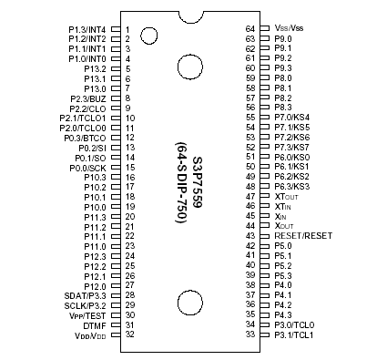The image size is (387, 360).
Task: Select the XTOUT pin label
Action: (287, 197)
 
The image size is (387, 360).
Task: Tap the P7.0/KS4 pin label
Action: (292, 118)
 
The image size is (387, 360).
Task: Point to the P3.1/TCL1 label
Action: (294, 334)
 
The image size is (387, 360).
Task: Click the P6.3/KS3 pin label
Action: (292, 187)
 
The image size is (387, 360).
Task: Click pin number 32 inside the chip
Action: (129, 335)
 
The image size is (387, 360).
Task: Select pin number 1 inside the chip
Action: (128, 29)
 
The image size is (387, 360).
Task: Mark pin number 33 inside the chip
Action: (250, 334)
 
